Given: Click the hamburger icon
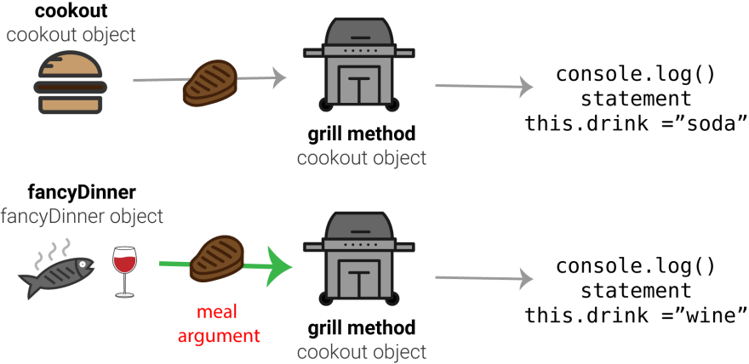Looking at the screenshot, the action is pyautogui.click(x=70, y=82).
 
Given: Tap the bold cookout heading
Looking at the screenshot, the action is pyautogui.click(x=71, y=11).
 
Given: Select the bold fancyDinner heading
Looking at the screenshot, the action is pyautogui.click(x=82, y=192).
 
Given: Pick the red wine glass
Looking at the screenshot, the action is pyautogui.click(x=124, y=271).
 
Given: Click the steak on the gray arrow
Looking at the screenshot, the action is pyautogui.click(x=211, y=82).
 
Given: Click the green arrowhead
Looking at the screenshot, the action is pyautogui.click(x=279, y=267).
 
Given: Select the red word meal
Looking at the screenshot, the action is pyautogui.click(x=217, y=312).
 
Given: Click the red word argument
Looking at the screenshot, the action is pyautogui.click(x=219, y=335).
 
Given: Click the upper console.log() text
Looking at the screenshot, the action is pyautogui.click(x=636, y=75).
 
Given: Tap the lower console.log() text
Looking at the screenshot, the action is pyautogui.click(x=636, y=266).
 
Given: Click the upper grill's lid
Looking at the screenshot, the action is pyautogui.click(x=359, y=31).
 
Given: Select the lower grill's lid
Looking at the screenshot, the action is pyautogui.click(x=359, y=225).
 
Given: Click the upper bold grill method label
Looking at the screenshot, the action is pyautogui.click(x=362, y=134).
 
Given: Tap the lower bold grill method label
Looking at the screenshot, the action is pyautogui.click(x=362, y=327).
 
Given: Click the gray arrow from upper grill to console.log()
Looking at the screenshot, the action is pyautogui.click(x=484, y=87).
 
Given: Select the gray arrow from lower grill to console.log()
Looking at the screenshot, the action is pyautogui.click(x=484, y=278).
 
